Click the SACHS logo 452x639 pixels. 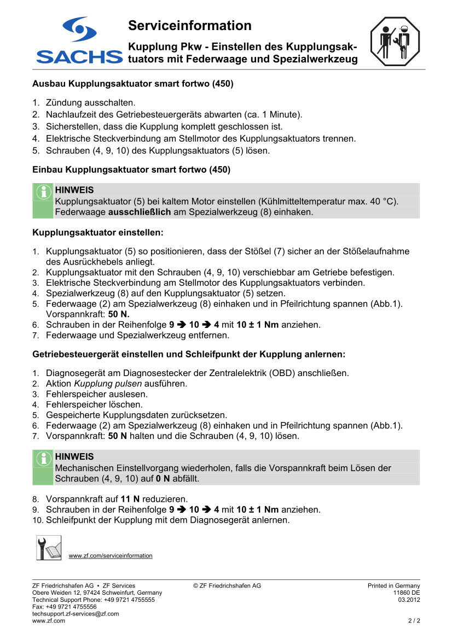pos(79,41)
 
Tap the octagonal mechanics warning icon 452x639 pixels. pos(394,42)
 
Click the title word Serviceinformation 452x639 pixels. pos(189,26)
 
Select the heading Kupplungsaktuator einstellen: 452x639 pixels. pos(98,232)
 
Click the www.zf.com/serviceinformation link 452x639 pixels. pos(111,556)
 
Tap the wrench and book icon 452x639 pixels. pos(49,548)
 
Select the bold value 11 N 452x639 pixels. pos(130,499)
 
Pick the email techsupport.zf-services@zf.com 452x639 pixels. pos(76,614)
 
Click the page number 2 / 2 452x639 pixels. pos(414,621)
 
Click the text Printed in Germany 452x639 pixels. pos(393,585)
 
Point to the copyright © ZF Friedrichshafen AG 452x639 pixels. pos(227,585)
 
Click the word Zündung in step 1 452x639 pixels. pos(63,102)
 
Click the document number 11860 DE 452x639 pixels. pos(407,593)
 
